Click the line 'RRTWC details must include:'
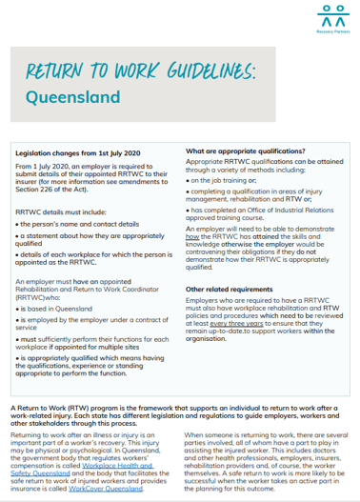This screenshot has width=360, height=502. [57, 206]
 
